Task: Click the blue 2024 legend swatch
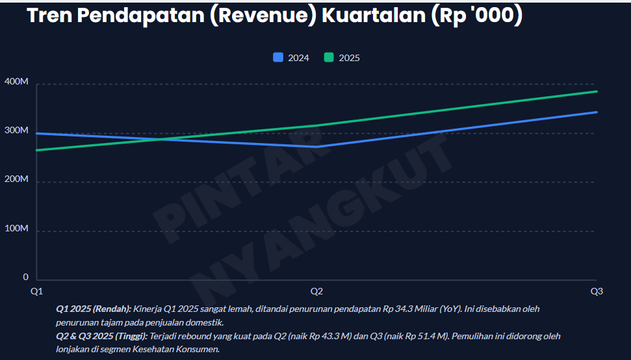coord(278,57)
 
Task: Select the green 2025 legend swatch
coord(329,57)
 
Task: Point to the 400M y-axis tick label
coord(16,82)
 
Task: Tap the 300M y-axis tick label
coord(16,131)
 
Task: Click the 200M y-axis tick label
coord(16,179)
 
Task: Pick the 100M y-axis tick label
coord(16,229)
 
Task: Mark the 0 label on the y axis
coord(25,277)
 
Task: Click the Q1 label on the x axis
coord(36,291)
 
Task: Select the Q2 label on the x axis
coord(316,291)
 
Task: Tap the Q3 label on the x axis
coord(597,291)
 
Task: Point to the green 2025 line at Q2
coord(316,125)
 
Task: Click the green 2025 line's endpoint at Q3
coord(597,92)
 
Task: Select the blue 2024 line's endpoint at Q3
coord(597,112)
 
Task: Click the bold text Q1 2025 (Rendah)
coord(94,309)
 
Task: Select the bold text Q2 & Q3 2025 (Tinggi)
coord(102,337)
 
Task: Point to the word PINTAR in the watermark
coord(237,177)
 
